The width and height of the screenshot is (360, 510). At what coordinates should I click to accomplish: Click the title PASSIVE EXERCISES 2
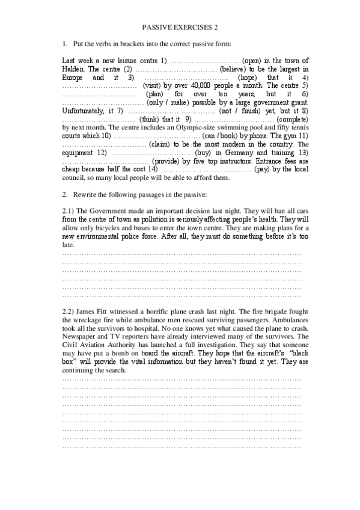[x=180, y=27]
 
